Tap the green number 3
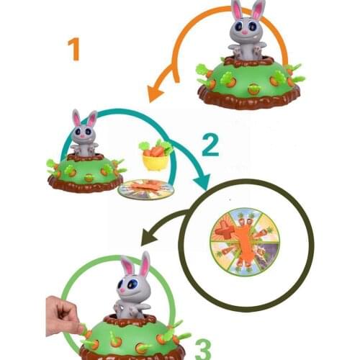203,348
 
